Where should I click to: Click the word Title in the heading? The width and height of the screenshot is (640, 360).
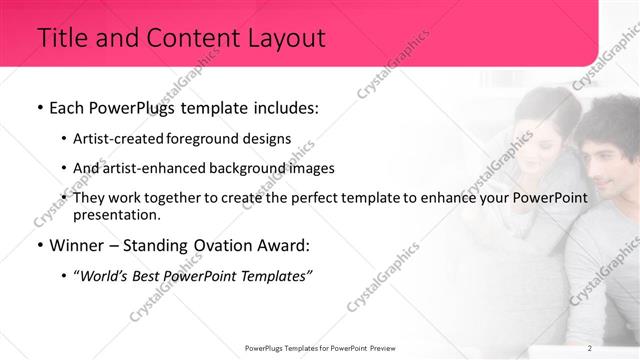[61, 39]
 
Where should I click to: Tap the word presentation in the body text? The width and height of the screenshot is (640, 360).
[116, 215]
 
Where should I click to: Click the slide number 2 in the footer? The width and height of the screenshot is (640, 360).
[590, 348]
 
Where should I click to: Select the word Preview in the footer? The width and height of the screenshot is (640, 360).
[379, 348]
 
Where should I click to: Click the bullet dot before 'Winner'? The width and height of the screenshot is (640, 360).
[39, 246]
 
